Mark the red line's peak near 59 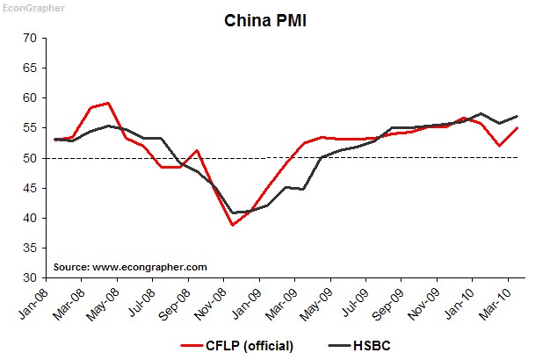(x=108, y=103)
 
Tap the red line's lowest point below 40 (x=233, y=226)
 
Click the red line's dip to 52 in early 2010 (x=499, y=146)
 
